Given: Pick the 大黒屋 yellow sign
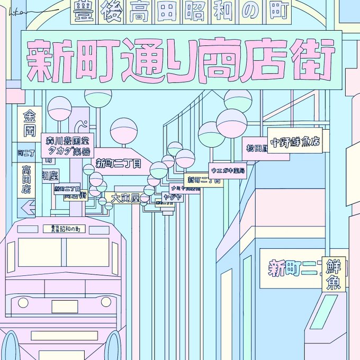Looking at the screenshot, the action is (x=125, y=198).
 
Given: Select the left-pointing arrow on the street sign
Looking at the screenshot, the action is (x=28, y=208).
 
